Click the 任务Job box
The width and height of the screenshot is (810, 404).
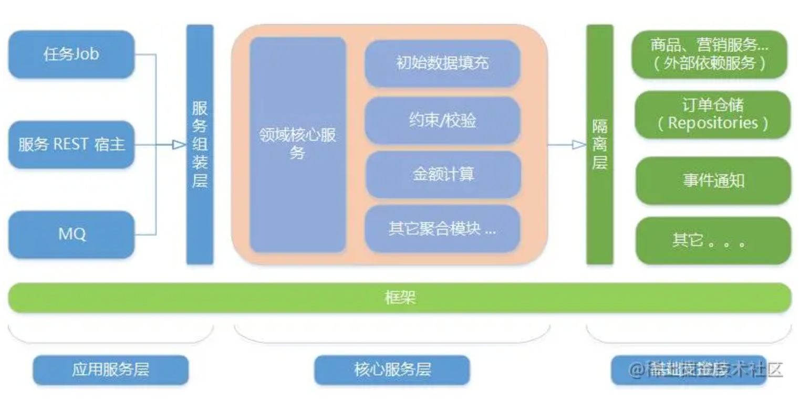[x=71, y=55]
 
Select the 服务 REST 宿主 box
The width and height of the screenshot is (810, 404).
[x=71, y=144]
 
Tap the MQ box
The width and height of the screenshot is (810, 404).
[x=71, y=235]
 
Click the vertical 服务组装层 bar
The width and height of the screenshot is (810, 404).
[x=200, y=144]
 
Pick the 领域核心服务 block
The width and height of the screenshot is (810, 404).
[x=298, y=144]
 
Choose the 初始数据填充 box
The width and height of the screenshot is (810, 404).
[x=442, y=63]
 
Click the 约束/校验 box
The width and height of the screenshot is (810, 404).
[x=442, y=121]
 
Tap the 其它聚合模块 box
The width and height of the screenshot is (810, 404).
[x=442, y=229]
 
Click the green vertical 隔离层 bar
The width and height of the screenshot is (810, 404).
[x=599, y=144]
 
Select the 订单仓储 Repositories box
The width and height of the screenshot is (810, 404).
[x=713, y=114]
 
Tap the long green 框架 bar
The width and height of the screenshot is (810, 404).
[x=400, y=297]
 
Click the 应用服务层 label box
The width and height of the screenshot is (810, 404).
[x=110, y=369]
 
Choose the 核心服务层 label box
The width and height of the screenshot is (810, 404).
[x=392, y=369]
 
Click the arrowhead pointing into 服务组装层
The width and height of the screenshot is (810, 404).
[x=179, y=145]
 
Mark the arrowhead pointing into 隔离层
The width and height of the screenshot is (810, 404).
[x=579, y=145]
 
